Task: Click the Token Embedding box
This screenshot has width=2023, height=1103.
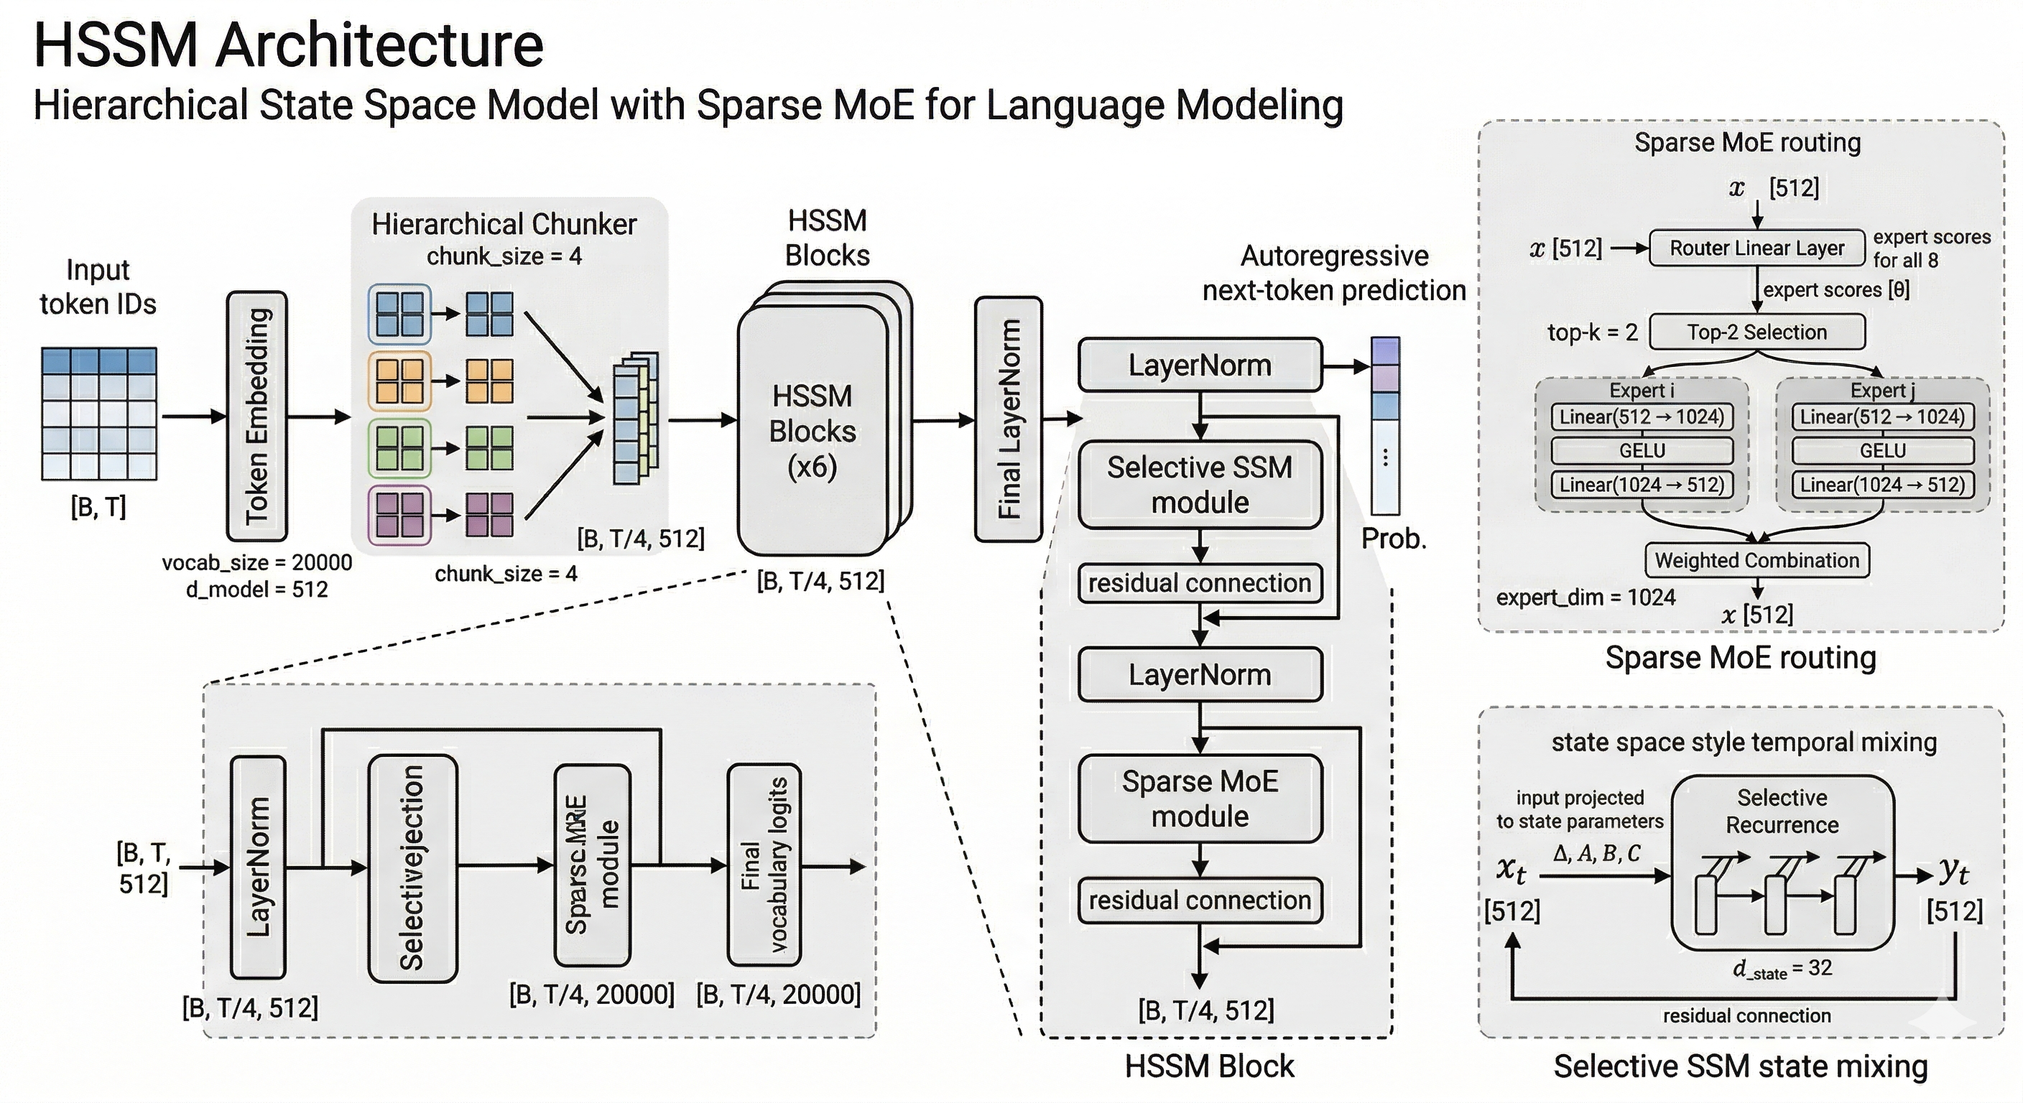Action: [x=256, y=416]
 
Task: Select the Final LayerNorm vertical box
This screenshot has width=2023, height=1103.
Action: [x=1009, y=419]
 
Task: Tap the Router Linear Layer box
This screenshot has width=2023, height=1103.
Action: [x=1756, y=248]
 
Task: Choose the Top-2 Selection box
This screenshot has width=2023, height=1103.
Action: [x=1756, y=332]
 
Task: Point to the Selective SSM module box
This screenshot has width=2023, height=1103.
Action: [x=1199, y=485]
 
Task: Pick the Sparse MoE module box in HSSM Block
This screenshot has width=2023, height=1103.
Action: [x=1199, y=799]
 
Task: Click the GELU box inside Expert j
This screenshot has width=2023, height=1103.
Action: [x=1881, y=451]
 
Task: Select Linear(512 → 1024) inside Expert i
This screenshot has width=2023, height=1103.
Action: [x=1642, y=417]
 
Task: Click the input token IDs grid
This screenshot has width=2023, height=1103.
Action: [x=99, y=414]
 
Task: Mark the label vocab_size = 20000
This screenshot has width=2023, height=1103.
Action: [x=256, y=563]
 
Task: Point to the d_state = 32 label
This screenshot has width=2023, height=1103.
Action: [x=1782, y=969]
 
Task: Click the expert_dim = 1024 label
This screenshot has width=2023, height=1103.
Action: [x=1585, y=597]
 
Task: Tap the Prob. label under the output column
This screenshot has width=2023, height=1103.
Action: [x=1393, y=539]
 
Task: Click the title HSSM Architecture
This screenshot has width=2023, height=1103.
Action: [x=288, y=45]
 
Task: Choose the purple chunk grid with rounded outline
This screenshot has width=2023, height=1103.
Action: [x=399, y=515]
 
